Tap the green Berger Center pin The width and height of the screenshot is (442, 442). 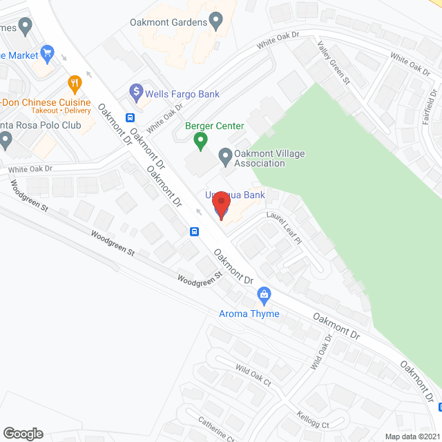(x=200, y=141)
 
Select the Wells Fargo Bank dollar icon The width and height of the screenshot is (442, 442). (x=136, y=90)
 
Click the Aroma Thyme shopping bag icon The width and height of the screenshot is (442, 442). (x=264, y=296)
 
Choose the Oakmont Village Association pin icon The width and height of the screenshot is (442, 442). (x=225, y=157)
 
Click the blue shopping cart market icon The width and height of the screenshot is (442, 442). (x=47, y=52)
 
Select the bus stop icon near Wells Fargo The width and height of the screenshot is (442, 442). (x=130, y=117)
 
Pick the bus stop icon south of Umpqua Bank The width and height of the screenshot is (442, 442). (x=195, y=231)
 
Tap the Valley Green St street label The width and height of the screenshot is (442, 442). (x=333, y=63)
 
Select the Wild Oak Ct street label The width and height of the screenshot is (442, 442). (x=253, y=377)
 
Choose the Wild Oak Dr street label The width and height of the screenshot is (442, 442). (x=321, y=352)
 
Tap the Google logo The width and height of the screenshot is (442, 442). (x=22, y=433)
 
